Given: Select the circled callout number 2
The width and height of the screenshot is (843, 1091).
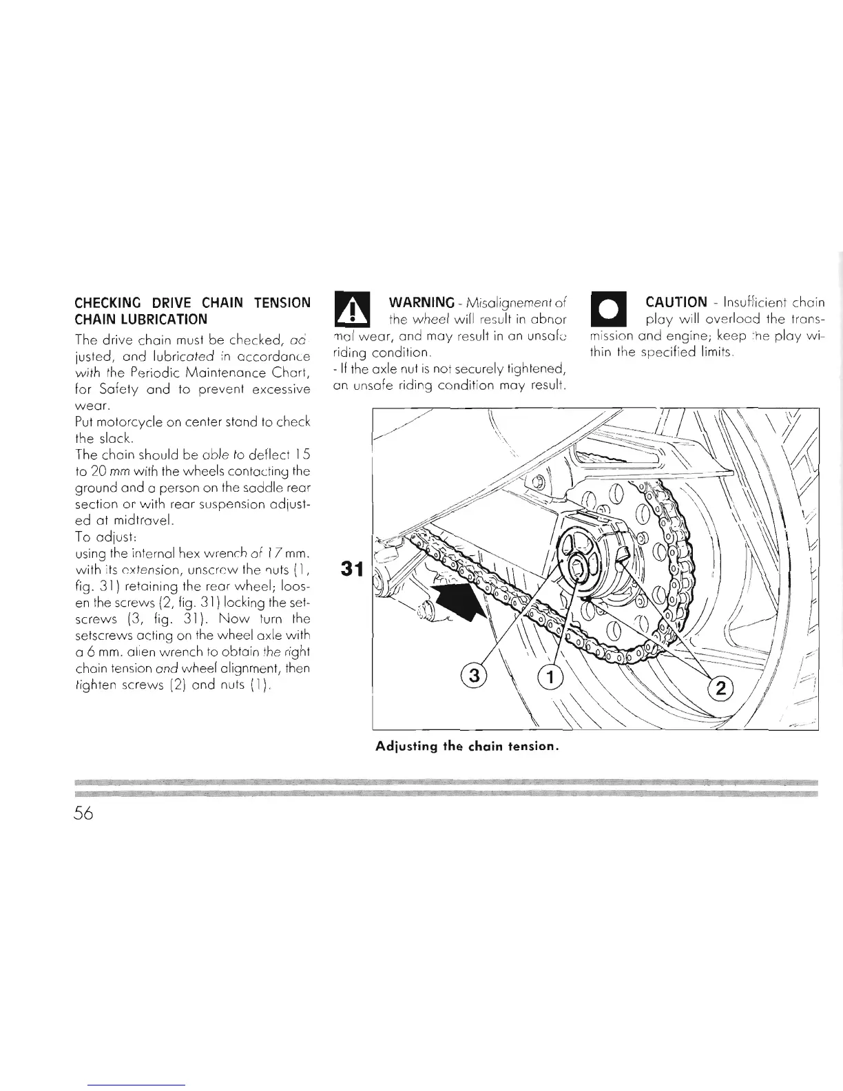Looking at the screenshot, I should coord(721,687).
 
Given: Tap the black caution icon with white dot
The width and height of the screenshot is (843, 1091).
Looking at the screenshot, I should coord(607,311).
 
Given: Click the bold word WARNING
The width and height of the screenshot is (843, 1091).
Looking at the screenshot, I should coord(421,303).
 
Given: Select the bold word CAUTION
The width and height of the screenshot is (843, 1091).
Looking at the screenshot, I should coord(676,302).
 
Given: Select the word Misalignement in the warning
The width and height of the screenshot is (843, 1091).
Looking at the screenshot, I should coord(512,303).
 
